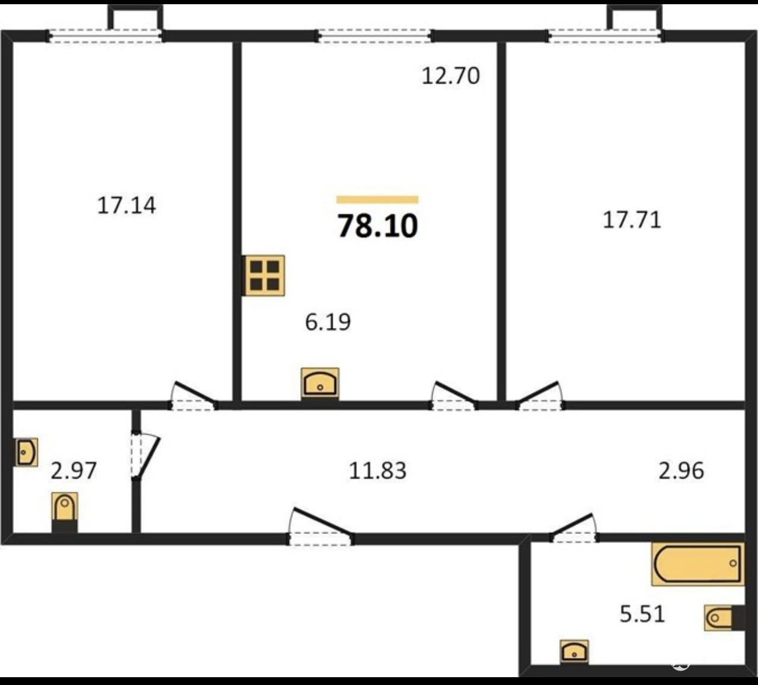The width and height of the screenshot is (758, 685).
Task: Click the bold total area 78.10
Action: coord(377,226)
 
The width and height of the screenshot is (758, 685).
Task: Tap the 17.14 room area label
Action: coord(126,206)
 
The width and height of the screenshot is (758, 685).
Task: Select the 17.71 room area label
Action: coord(632,220)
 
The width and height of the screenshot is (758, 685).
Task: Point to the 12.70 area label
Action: coord(451,76)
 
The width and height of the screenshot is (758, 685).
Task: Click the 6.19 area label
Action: coord(328,322)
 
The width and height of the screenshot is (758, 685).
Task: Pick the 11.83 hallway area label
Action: coord(377,471)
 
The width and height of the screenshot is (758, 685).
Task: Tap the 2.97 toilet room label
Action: coord(73,471)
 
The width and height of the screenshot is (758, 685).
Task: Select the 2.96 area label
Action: coord(681,471)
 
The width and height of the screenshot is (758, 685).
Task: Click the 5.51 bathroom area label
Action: coord(642,614)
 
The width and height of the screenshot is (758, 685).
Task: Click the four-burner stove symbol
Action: coord(264,275)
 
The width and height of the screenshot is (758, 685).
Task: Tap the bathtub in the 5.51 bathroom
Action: coord(698,564)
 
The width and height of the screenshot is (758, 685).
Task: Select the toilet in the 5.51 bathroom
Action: coord(723,618)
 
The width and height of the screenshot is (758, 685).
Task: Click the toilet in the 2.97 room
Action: coord(64,512)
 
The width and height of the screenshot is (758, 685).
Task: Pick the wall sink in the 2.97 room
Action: coord(26,452)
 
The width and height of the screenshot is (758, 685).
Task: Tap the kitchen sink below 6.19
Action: coord(320,383)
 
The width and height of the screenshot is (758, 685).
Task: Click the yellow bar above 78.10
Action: coord(377,199)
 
